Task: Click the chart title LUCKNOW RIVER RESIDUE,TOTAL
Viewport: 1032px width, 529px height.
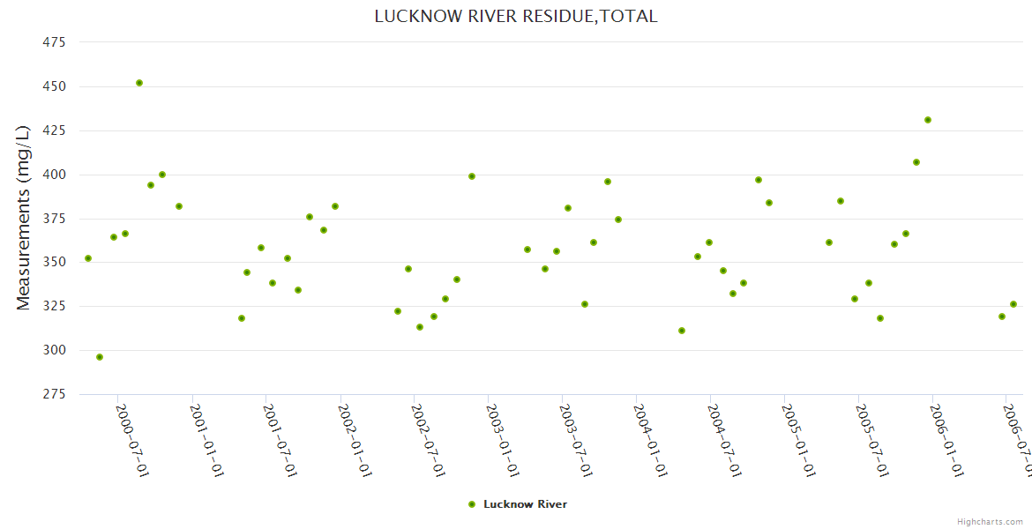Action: (515, 16)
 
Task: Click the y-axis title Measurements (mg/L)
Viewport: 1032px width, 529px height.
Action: (24, 217)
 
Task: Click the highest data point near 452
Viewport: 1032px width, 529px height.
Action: (139, 83)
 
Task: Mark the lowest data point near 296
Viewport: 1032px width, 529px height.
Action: (100, 357)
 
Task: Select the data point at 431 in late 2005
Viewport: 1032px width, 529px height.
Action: (928, 120)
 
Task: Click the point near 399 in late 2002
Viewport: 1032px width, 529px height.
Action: (472, 176)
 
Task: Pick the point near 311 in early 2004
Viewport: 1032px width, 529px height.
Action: (682, 331)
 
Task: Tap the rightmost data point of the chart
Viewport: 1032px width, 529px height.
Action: (1013, 304)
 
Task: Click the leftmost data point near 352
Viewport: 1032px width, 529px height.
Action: (88, 258)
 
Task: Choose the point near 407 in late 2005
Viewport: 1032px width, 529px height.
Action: (916, 162)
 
